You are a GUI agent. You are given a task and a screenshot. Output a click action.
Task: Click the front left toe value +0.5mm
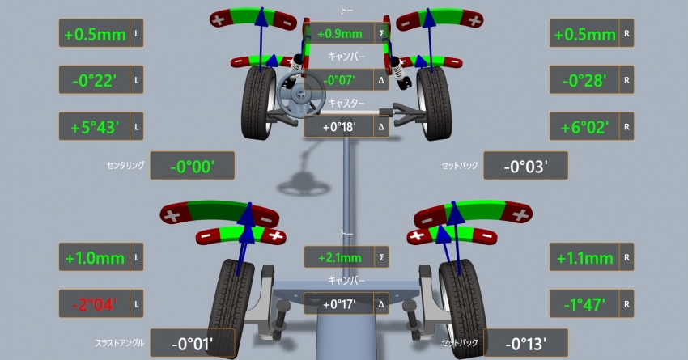click(x=95, y=34)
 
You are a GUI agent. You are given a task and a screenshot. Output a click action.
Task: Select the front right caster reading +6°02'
click(x=585, y=128)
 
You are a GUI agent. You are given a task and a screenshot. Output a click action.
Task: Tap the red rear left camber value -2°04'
click(x=95, y=304)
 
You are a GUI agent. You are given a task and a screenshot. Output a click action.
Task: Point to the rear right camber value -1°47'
click(x=584, y=304)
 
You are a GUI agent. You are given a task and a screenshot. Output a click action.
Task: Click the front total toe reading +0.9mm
click(x=340, y=34)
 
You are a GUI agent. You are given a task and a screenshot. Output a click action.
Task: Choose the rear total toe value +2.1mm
click(x=340, y=257)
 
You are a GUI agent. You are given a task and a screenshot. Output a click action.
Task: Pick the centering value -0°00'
click(x=192, y=167)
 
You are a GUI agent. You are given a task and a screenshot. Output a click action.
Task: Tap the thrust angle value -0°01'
click(x=192, y=344)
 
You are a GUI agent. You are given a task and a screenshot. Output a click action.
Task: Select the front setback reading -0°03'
click(x=525, y=167)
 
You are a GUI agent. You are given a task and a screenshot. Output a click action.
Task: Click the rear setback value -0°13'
click(x=525, y=344)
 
